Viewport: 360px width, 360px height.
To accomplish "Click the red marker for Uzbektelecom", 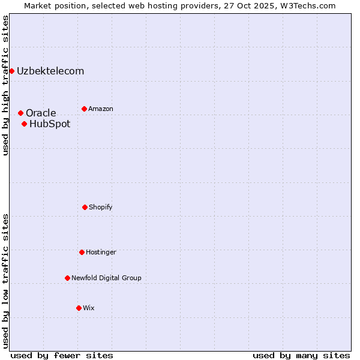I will tap(11, 71).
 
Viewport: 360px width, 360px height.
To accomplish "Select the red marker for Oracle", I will tap(20, 113).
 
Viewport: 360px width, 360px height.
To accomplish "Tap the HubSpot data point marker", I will tap(24, 124).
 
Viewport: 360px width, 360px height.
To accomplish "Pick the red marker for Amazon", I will tap(84, 109).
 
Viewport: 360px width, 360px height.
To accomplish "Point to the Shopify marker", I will tap(85, 207).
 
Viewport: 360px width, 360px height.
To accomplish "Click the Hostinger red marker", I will tap(82, 252).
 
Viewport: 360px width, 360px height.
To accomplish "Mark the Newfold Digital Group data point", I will tap(67, 278).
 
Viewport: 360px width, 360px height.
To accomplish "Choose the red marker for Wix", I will tap(79, 308).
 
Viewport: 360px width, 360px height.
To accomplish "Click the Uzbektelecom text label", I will tap(50, 71).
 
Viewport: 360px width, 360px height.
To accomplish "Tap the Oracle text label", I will tap(41, 113).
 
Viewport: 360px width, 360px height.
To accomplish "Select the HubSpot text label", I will tap(50, 124).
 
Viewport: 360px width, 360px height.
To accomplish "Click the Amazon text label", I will tap(101, 109).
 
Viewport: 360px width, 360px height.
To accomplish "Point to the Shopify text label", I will tap(101, 207).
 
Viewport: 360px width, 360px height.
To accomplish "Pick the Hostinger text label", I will tap(101, 252).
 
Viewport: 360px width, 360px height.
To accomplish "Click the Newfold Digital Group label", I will tap(106, 278).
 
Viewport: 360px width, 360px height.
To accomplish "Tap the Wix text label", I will tap(89, 308).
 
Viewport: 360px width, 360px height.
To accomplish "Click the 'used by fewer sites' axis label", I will tap(62, 355).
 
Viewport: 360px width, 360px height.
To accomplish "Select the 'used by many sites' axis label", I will tap(301, 355).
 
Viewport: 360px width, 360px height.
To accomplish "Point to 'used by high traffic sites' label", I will tap(5, 85).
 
